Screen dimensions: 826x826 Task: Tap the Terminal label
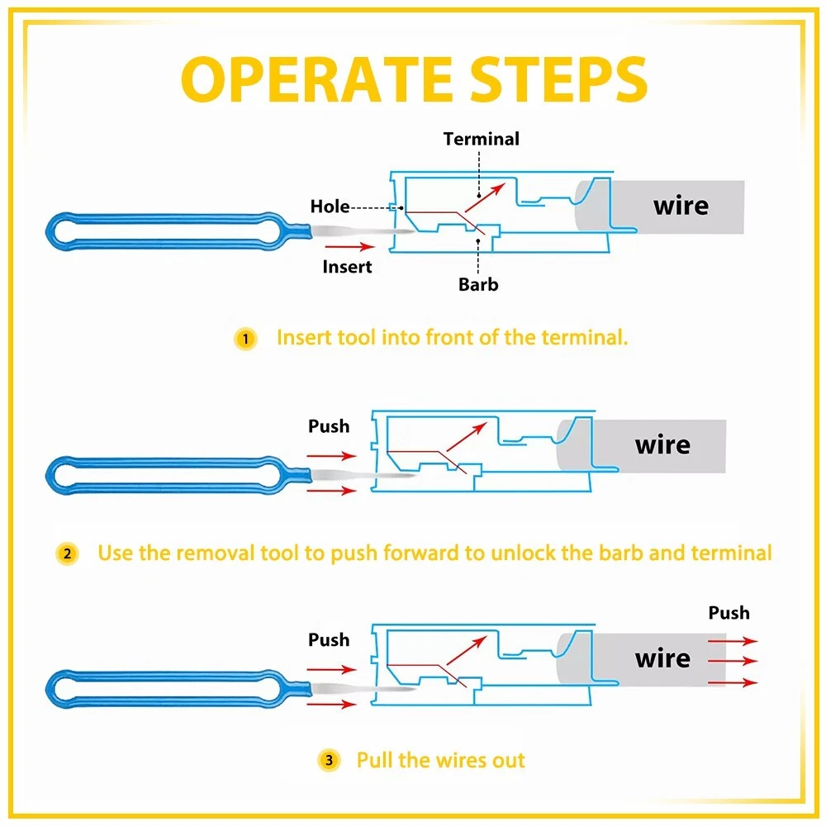[x=482, y=139]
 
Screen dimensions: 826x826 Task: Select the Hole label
[x=330, y=206]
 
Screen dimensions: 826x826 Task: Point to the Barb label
[x=479, y=285]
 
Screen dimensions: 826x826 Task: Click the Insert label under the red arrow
[x=347, y=267]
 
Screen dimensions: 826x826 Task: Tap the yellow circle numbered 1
[x=245, y=339]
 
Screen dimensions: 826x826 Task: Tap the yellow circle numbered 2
[x=67, y=553]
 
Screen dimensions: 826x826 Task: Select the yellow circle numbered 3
[x=328, y=761]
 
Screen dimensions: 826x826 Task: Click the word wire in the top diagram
[x=681, y=205]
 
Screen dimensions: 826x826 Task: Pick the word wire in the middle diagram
[x=662, y=445]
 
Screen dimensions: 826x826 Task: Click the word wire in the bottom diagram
[x=662, y=658]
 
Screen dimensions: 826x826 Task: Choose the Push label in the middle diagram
[x=329, y=427]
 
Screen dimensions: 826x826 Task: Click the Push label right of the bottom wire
[x=729, y=613]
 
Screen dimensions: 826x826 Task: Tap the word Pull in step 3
[x=375, y=760]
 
